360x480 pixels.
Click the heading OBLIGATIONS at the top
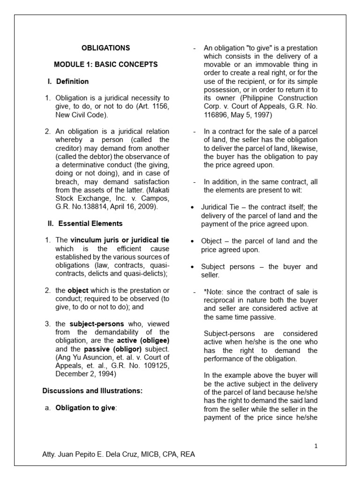click(x=105, y=48)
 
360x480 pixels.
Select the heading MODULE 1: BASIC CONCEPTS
click(x=105, y=64)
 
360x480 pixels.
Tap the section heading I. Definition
click(x=68, y=81)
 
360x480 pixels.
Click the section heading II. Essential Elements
click(x=85, y=224)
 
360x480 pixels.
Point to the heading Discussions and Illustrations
click(x=92, y=390)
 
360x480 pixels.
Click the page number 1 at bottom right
click(x=316, y=446)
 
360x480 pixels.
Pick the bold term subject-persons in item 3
click(x=97, y=324)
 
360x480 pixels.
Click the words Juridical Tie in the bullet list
click(x=222, y=207)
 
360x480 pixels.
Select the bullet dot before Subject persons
click(x=192, y=267)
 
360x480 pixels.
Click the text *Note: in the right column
click(x=214, y=292)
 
